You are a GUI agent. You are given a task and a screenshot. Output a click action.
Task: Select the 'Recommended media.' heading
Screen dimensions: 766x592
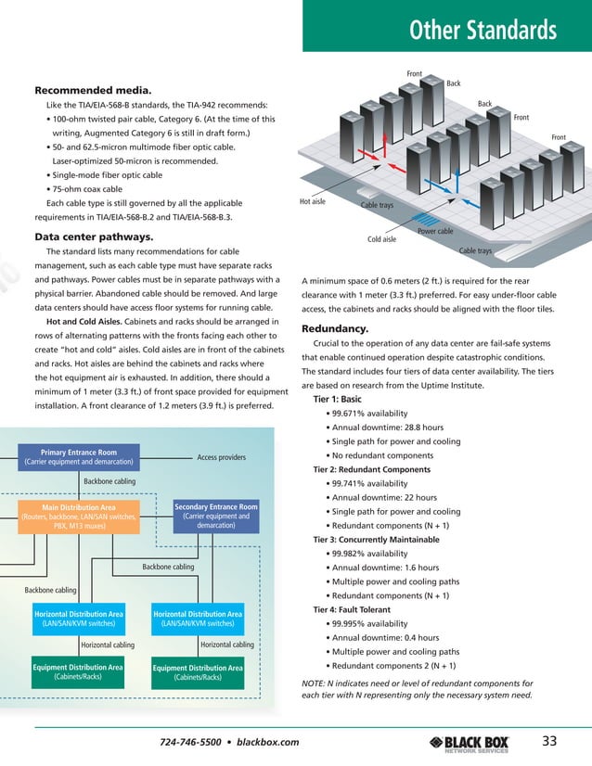click(x=92, y=90)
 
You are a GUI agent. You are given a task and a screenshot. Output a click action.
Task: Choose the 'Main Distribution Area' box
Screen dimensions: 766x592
click(x=79, y=516)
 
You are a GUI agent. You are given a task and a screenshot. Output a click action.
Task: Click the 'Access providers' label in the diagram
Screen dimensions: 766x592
click(x=222, y=457)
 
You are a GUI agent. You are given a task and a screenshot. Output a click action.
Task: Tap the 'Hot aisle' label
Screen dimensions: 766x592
click(x=313, y=200)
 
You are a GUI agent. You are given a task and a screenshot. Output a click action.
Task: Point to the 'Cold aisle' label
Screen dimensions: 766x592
click(x=381, y=239)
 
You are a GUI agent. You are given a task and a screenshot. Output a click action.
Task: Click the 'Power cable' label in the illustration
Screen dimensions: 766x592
click(x=435, y=231)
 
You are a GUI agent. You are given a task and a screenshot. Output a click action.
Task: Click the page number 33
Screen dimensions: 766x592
click(x=549, y=739)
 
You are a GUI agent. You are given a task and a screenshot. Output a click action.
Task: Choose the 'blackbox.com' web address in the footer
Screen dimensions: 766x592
click(x=268, y=742)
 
